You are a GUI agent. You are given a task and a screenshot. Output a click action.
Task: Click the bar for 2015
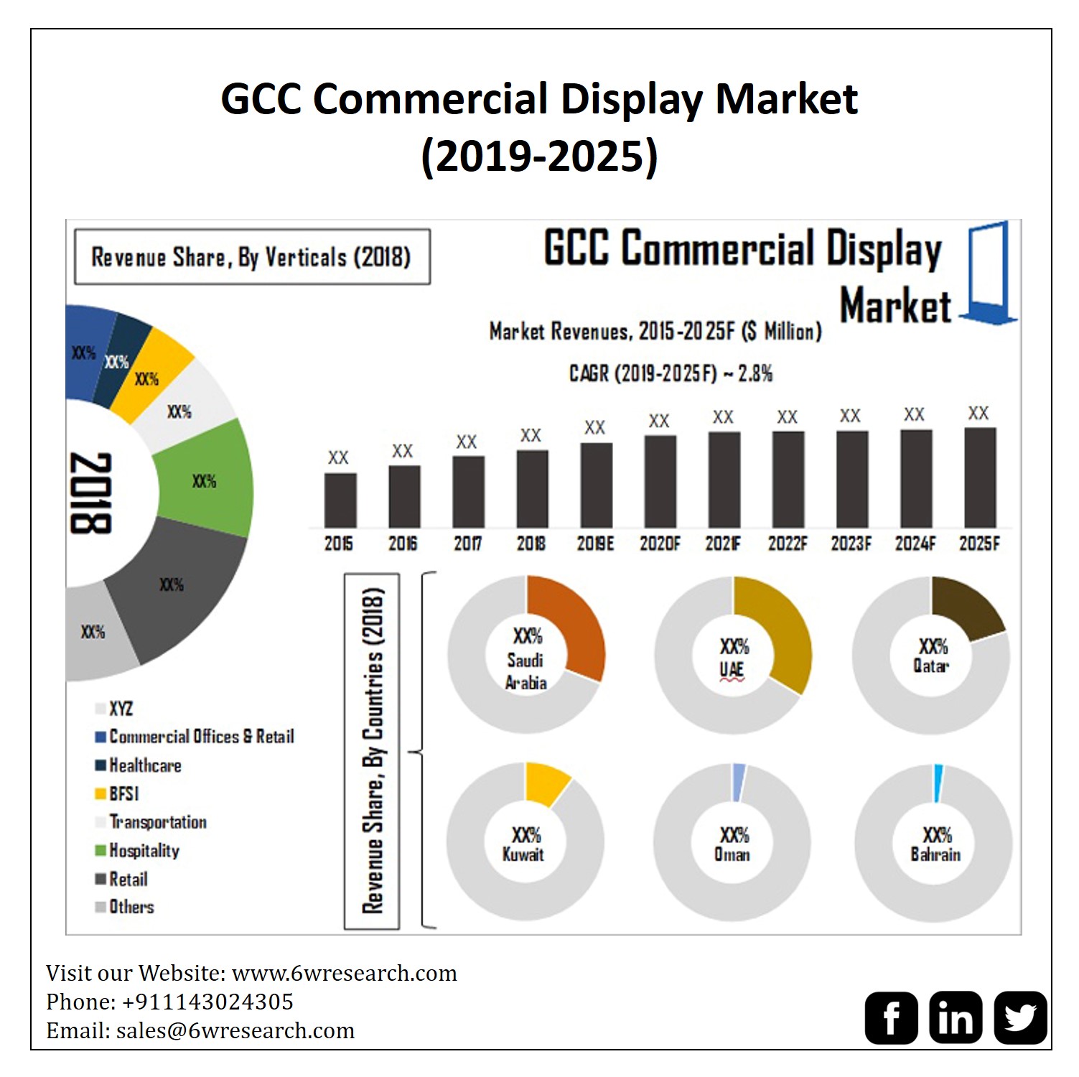(340, 500)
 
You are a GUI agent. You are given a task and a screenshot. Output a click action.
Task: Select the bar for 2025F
(980, 478)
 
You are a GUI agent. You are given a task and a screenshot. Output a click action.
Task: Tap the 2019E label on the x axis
(595, 544)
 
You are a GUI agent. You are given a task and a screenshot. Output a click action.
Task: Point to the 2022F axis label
(788, 544)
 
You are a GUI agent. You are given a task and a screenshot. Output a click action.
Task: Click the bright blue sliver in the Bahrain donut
(938, 783)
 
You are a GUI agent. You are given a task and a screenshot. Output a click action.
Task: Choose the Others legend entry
(131, 907)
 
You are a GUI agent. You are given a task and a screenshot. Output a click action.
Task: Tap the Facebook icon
(891, 1017)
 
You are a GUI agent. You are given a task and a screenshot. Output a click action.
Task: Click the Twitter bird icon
(1020, 1017)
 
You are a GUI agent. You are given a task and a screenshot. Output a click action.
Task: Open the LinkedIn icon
(956, 1017)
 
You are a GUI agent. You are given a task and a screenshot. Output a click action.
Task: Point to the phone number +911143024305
(207, 1002)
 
